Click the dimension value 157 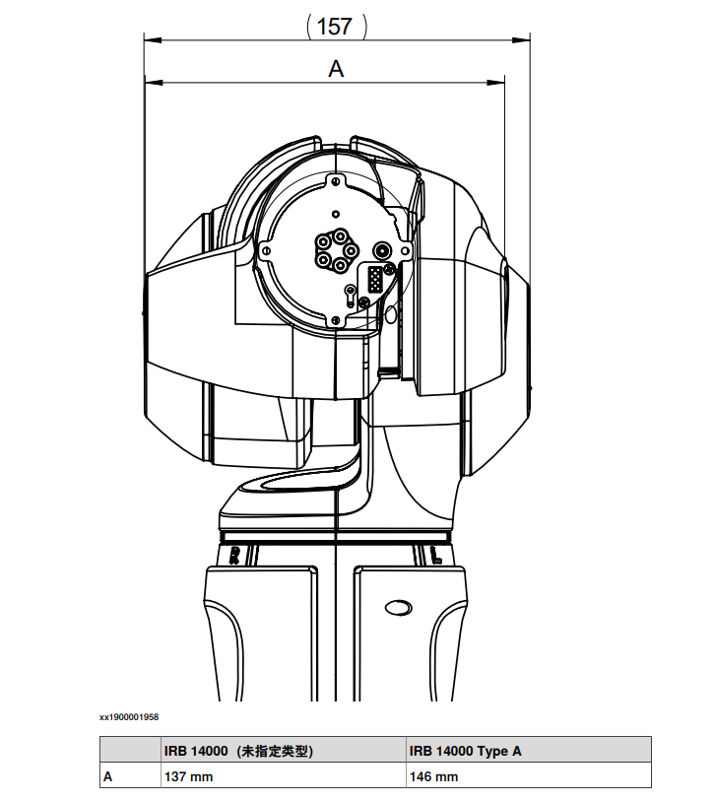(335, 27)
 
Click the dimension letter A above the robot (336, 68)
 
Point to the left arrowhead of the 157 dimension (153, 39)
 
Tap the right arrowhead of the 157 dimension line (521, 39)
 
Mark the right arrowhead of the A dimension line (496, 82)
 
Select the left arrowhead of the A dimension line (154, 82)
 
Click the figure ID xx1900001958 (129, 717)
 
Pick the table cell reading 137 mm (188, 776)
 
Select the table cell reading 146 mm (433, 776)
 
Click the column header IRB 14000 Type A (465, 751)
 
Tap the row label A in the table (107, 776)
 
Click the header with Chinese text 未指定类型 (276, 751)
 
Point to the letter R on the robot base (234, 556)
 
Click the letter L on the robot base (436, 556)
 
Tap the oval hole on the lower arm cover (399, 607)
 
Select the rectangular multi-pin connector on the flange (376, 280)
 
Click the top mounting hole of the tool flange (336, 181)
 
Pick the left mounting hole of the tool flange (266, 250)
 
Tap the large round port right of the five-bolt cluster (382, 251)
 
